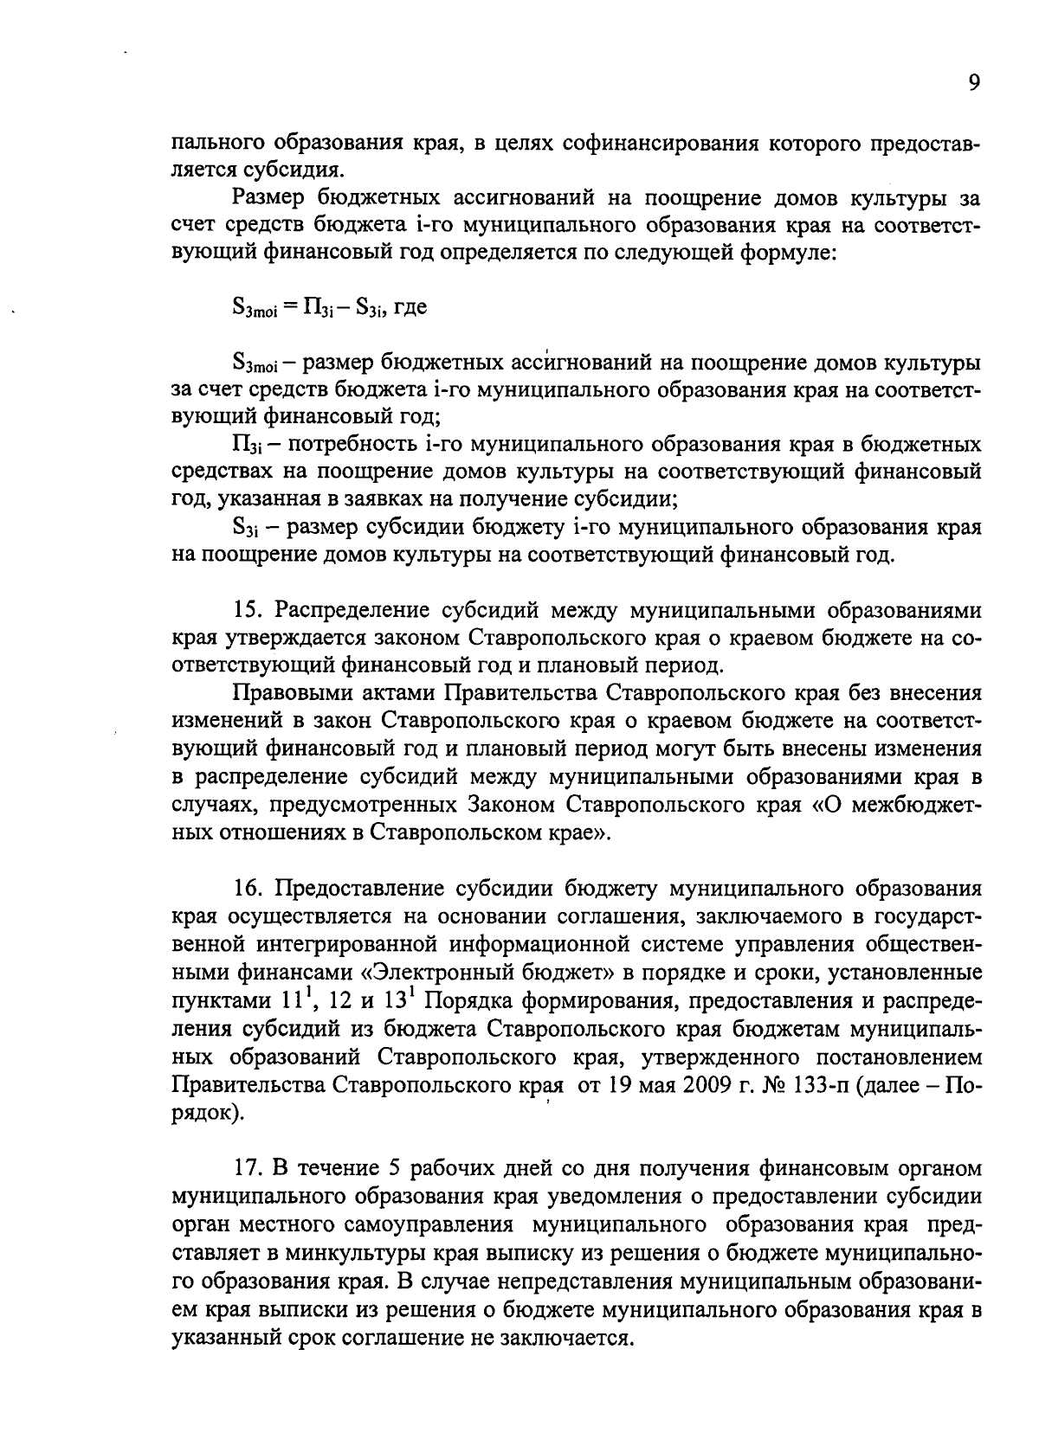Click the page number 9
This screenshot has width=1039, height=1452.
click(x=974, y=83)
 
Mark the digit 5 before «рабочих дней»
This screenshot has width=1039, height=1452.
click(x=393, y=1168)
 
